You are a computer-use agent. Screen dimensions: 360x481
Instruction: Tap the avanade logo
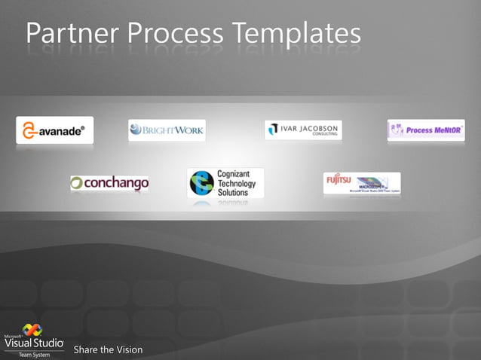click(55, 130)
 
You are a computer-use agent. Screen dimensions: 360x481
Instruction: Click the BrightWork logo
click(167, 130)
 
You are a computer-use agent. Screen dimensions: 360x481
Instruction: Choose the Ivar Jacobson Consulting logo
click(302, 130)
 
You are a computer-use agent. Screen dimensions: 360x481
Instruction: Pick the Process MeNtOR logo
click(425, 130)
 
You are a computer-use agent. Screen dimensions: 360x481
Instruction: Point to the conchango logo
click(109, 183)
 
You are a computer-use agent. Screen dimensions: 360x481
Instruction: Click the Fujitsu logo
click(362, 183)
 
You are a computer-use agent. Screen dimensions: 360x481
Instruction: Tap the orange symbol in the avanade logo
click(29, 130)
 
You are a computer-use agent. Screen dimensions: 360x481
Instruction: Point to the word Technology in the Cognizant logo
click(237, 183)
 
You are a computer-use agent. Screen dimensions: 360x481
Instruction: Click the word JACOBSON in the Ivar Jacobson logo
click(318, 128)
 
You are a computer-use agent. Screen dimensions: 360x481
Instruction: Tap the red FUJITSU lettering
click(339, 179)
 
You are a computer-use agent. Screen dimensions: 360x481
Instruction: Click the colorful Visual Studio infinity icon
click(32, 330)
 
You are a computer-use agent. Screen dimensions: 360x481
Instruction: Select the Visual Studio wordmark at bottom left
click(34, 343)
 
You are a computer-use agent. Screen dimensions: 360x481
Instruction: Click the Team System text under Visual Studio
click(35, 355)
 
